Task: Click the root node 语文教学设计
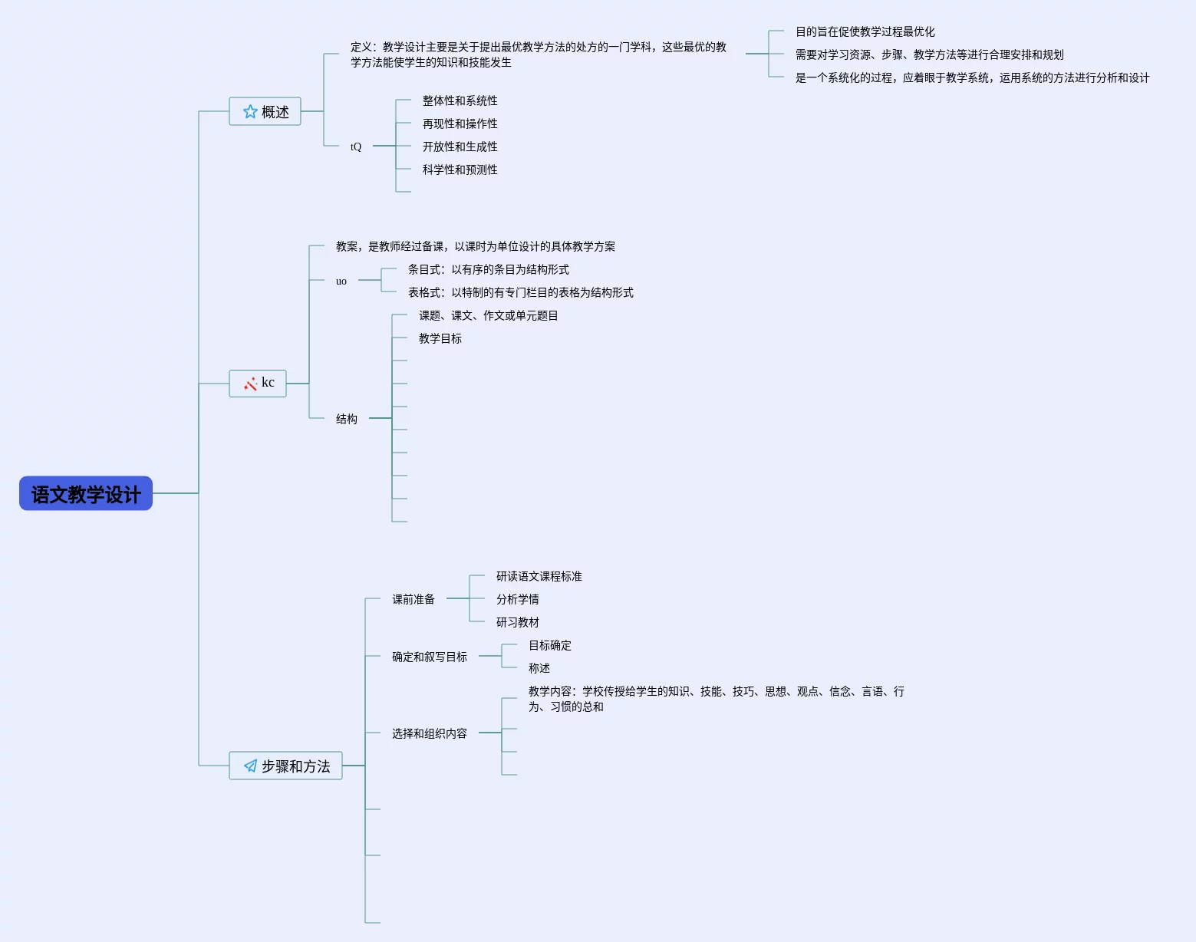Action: [x=86, y=493]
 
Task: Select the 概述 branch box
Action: [x=265, y=111]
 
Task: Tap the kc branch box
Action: [x=258, y=383]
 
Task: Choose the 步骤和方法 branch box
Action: [x=285, y=766]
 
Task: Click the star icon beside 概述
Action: [x=250, y=112]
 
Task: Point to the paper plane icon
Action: [x=250, y=766]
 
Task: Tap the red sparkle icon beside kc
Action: [x=250, y=384]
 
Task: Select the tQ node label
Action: [x=356, y=147]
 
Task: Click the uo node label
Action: [x=341, y=281]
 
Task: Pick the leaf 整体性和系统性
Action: [x=460, y=100]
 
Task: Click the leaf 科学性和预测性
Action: [x=460, y=170]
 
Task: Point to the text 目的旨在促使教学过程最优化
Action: [x=865, y=31]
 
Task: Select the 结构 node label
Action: [x=347, y=419]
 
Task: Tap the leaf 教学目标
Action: [x=440, y=338]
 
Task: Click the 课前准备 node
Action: [x=413, y=599]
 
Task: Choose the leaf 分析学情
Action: [x=517, y=599]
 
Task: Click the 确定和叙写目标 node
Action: [x=430, y=657]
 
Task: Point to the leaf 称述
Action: [x=539, y=668]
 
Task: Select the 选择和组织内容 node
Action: [x=430, y=733]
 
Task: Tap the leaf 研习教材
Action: [x=517, y=622]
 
